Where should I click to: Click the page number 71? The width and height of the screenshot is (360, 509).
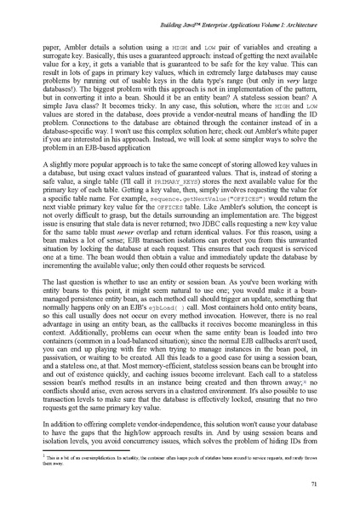coord(314,484)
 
